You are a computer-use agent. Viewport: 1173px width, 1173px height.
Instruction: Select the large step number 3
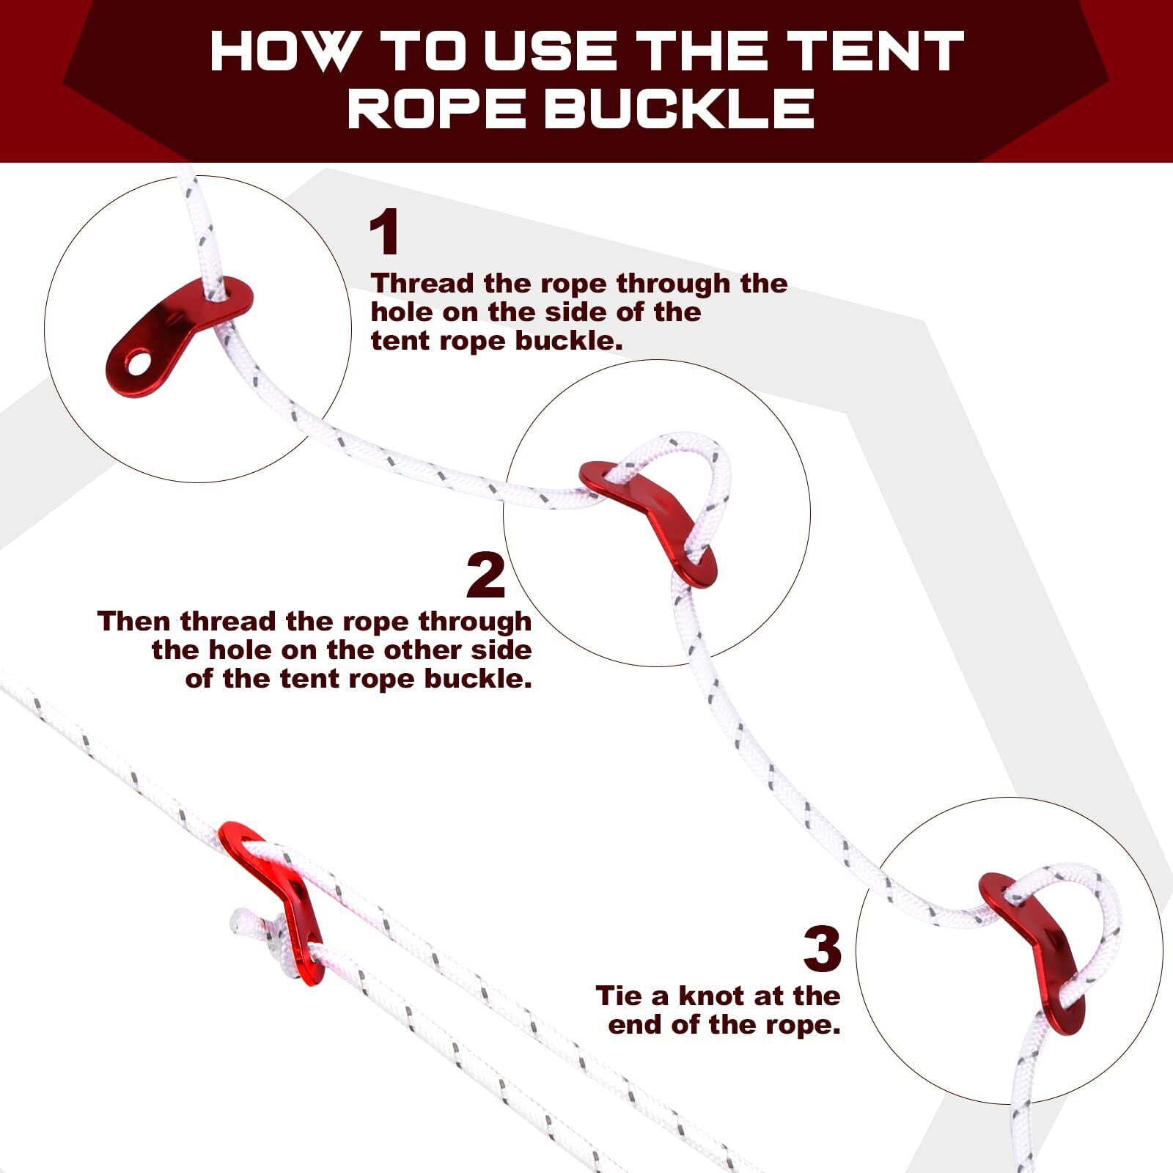click(x=822, y=949)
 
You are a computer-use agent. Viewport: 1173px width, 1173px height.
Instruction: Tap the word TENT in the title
click(x=877, y=51)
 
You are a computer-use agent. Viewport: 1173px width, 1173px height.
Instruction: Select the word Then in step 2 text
click(x=135, y=621)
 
